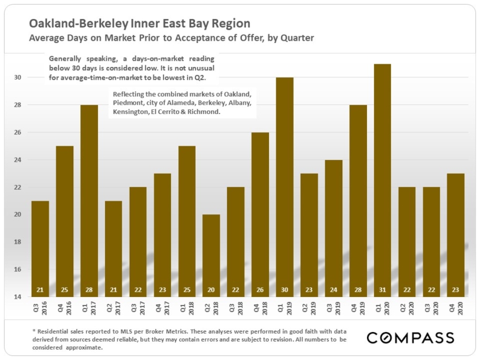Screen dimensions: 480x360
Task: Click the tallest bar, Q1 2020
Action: click(383, 181)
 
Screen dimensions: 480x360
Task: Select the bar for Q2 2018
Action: click(211, 256)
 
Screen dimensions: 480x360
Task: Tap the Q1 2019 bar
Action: click(284, 187)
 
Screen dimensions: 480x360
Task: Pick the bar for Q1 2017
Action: click(89, 201)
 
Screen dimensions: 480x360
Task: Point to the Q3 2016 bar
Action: click(40, 249)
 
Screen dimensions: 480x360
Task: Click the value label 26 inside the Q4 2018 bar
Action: click(260, 289)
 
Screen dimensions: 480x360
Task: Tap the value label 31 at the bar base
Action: click(383, 289)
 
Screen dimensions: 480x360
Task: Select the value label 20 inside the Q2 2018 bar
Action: click(211, 289)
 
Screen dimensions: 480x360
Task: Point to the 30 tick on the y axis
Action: click(17, 77)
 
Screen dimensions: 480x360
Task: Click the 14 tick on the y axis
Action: click(17, 296)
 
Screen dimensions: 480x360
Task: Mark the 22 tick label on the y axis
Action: click(17, 187)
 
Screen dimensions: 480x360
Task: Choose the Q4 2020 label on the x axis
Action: click(456, 308)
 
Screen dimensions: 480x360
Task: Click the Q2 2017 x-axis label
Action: click(114, 308)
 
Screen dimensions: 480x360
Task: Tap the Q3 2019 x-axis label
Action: click(334, 308)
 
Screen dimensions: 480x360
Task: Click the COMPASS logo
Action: click(411, 338)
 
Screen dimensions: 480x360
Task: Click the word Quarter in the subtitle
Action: click(297, 38)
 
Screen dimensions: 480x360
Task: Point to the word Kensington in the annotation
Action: click(131, 112)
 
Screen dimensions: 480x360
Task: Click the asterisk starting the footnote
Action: click(34, 331)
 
